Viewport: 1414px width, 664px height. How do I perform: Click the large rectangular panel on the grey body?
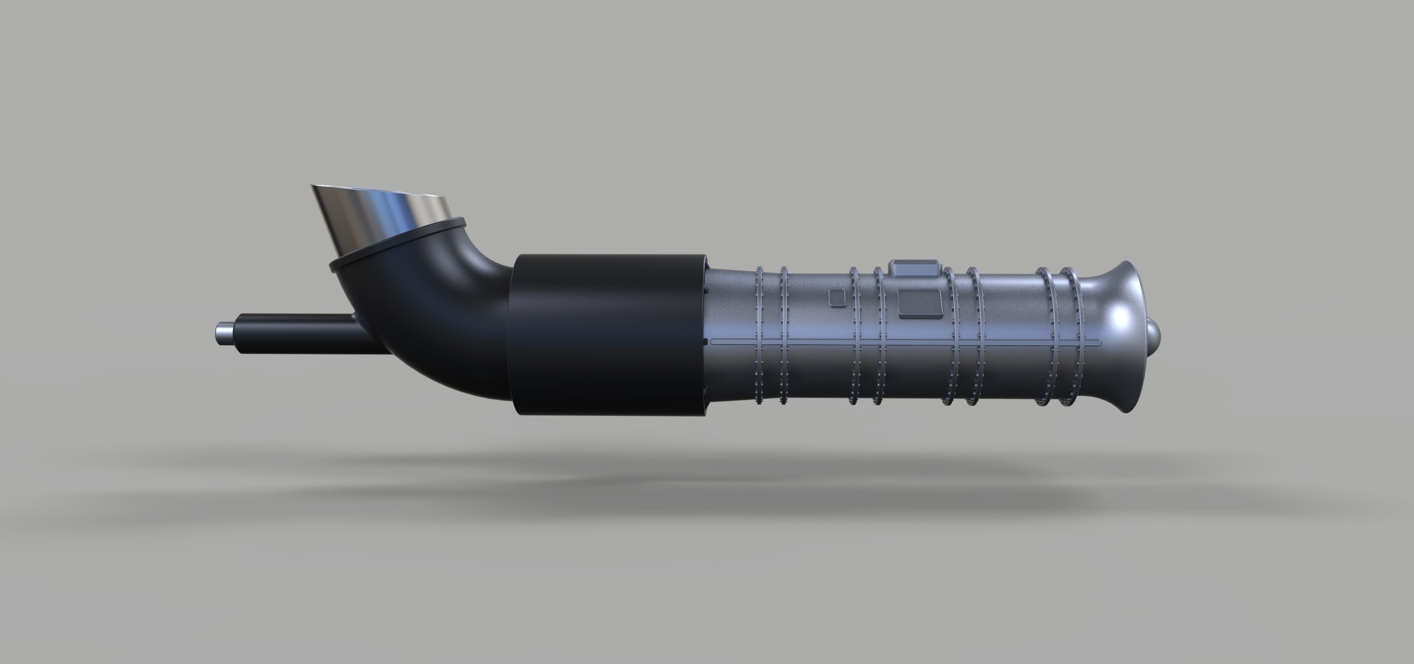pyautogui.click(x=919, y=304)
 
